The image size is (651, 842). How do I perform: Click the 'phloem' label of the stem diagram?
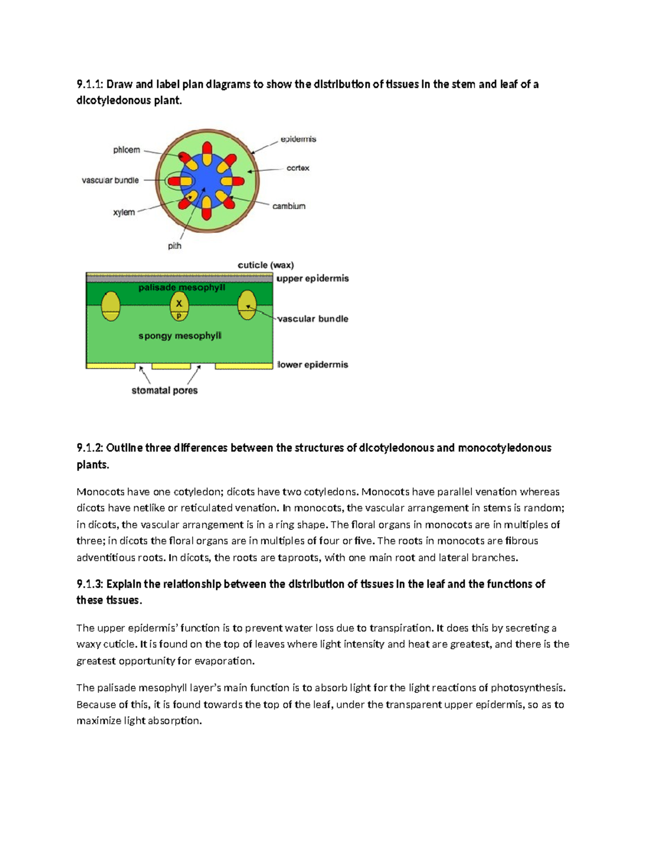(x=126, y=150)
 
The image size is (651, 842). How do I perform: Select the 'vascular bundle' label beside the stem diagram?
(x=110, y=181)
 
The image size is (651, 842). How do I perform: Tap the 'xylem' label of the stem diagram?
(x=124, y=213)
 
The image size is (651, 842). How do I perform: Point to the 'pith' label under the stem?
(x=174, y=246)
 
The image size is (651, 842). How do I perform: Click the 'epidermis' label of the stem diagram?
(x=298, y=139)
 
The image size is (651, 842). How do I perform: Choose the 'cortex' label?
(x=298, y=168)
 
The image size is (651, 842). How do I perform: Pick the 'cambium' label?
(x=289, y=206)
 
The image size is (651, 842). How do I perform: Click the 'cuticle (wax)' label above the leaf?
(x=266, y=265)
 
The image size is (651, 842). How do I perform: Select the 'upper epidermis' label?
(x=312, y=279)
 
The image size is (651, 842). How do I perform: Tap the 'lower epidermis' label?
(x=312, y=365)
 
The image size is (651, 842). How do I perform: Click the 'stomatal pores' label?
(x=164, y=390)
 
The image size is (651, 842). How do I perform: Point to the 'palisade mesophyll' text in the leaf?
(x=181, y=287)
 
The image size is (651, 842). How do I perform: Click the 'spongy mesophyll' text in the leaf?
(x=180, y=336)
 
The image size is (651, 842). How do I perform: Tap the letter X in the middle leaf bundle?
(x=179, y=304)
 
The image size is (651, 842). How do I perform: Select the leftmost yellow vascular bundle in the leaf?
(x=110, y=306)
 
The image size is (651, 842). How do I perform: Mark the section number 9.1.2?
(x=90, y=448)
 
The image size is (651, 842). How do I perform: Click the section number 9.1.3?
(x=90, y=584)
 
